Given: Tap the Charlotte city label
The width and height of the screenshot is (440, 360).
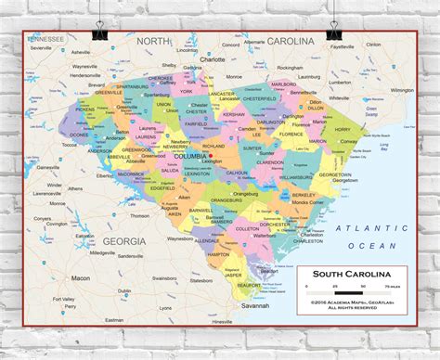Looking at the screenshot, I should click(x=213, y=58).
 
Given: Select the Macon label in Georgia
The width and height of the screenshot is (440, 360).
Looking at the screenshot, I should click(x=81, y=277).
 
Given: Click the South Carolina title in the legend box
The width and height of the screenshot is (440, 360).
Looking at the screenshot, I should click(x=350, y=274).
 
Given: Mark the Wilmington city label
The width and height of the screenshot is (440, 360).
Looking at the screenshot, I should click(x=401, y=90).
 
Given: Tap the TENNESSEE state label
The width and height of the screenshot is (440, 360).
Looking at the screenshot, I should click(x=45, y=39).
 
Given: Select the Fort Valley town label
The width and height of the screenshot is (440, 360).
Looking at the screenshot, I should click(x=64, y=299).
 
